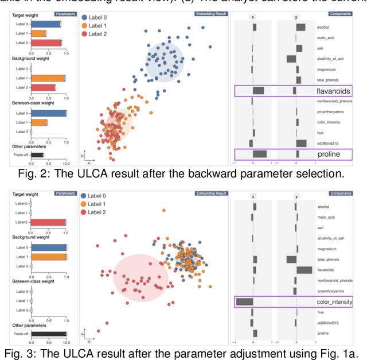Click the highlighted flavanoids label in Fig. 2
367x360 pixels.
click(333, 91)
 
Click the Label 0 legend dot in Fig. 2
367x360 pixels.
click(85, 18)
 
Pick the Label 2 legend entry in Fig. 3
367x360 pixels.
click(85, 213)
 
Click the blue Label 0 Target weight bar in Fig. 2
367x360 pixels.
click(46, 24)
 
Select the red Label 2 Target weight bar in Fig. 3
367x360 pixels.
click(49, 222)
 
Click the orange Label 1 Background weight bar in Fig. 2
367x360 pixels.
click(48, 78)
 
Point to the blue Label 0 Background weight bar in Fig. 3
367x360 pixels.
click(49, 247)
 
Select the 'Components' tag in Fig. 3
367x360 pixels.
click(341, 193)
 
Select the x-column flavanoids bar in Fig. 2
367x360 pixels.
click(258, 91)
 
